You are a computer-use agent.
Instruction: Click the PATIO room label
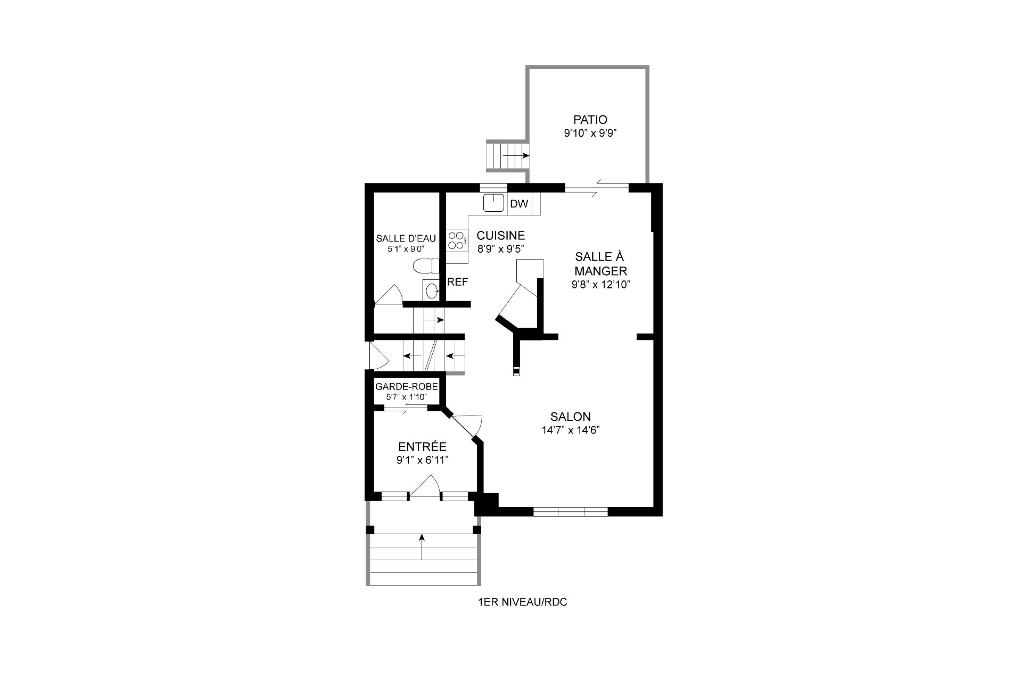point(590,120)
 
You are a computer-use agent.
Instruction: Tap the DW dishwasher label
point(519,204)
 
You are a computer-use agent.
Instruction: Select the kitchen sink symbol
point(493,203)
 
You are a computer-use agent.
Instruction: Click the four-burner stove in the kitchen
point(457,239)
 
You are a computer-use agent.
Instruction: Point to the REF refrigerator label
point(458,282)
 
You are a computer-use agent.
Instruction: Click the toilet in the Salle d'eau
point(426,265)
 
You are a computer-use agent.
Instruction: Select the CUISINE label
point(501,235)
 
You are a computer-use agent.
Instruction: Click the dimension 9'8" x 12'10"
point(601,285)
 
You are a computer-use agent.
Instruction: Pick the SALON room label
point(571,417)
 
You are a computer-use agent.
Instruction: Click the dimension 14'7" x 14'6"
point(571,430)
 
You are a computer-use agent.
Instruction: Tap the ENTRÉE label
point(422,447)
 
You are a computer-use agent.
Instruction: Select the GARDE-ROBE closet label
point(407,387)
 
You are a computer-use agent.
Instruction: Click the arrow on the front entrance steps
point(422,547)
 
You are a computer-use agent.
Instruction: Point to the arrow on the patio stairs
point(515,155)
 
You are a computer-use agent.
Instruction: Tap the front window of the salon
point(571,512)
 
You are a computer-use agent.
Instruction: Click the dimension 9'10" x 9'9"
point(590,133)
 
